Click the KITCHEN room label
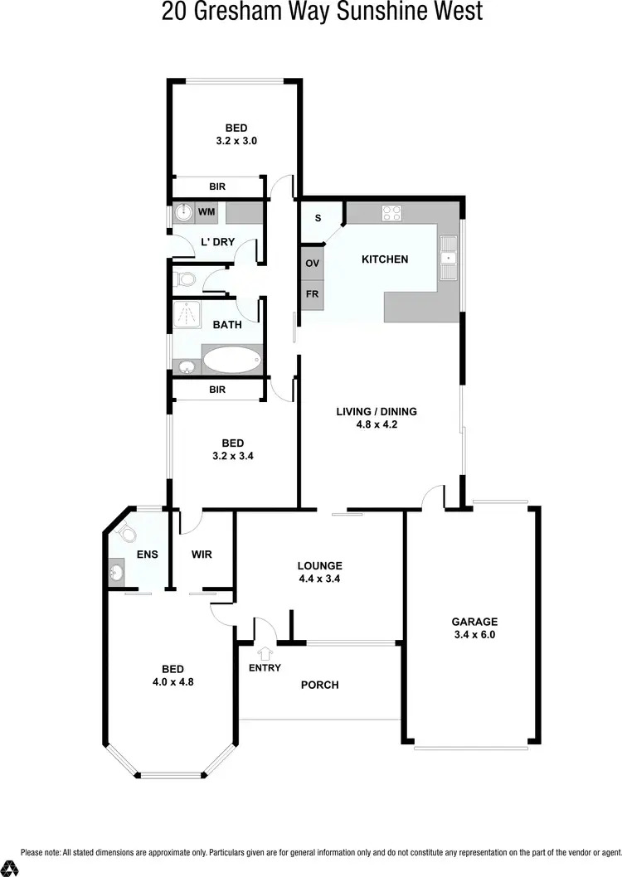(x=385, y=259)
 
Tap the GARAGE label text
(x=474, y=621)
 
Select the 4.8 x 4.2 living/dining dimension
(x=377, y=425)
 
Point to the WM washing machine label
(x=207, y=213)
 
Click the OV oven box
(x=313, y=264)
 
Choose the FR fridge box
(x=313, y=294)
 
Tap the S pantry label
(x=317, y=219)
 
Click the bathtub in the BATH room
(x=231, y=360)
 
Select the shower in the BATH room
(x=188, y=314)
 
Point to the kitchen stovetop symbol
(x=391, y=213)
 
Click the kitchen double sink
(x=449, y=258)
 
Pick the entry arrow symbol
(x=265, y=653)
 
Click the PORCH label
(x=319, y=685)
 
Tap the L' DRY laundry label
(x=218, y=243)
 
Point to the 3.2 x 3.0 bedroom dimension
(x=236, y=141)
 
